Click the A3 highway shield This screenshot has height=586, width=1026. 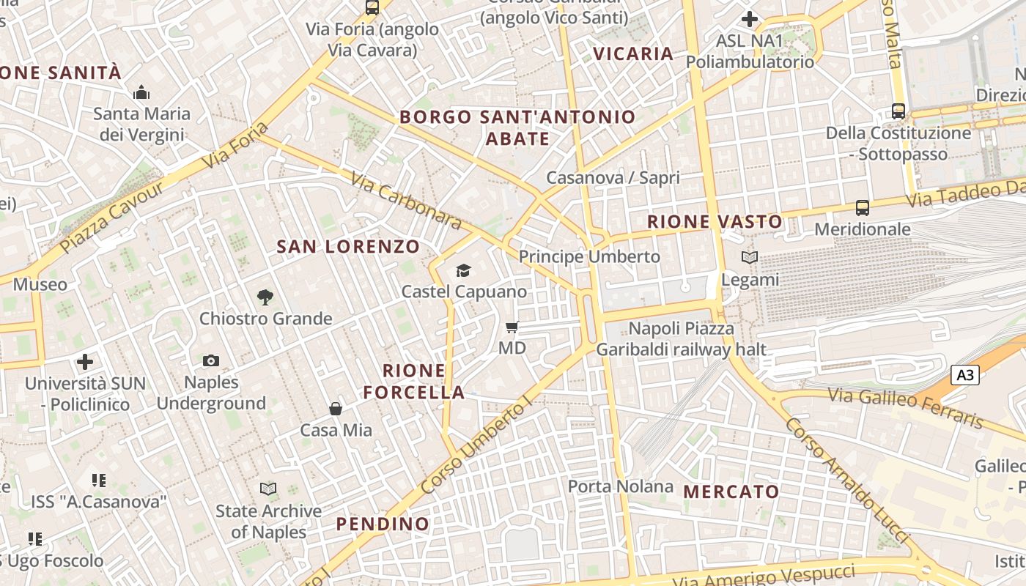coord(965,375)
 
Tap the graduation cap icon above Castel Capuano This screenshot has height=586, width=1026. coord(463,271)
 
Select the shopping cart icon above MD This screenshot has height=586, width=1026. coord(512,327)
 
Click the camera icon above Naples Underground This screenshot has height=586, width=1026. coord(211,360)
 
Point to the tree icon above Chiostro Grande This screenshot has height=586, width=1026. coord(265,297)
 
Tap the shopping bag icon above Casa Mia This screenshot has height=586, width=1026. coord(336,409)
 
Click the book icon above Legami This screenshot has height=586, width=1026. coord(750,258)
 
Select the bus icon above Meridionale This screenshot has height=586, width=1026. coord(863,208)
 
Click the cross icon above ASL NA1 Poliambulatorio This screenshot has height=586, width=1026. coord(750,19)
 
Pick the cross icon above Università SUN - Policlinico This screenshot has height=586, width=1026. coord(85,362)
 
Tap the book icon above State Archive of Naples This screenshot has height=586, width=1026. coord(268,489)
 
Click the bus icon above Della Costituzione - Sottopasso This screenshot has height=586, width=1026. coord(898,111)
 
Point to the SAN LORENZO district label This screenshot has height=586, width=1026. coord(348,247)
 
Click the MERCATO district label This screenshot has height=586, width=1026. coord(731,492)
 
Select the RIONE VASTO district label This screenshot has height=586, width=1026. coord(715,221)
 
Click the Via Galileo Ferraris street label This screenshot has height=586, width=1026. coord(906,408)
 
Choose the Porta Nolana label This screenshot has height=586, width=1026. coord(621,486)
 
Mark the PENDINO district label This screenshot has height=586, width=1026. coord(383,524)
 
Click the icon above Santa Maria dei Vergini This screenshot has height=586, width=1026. coord(141,93)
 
